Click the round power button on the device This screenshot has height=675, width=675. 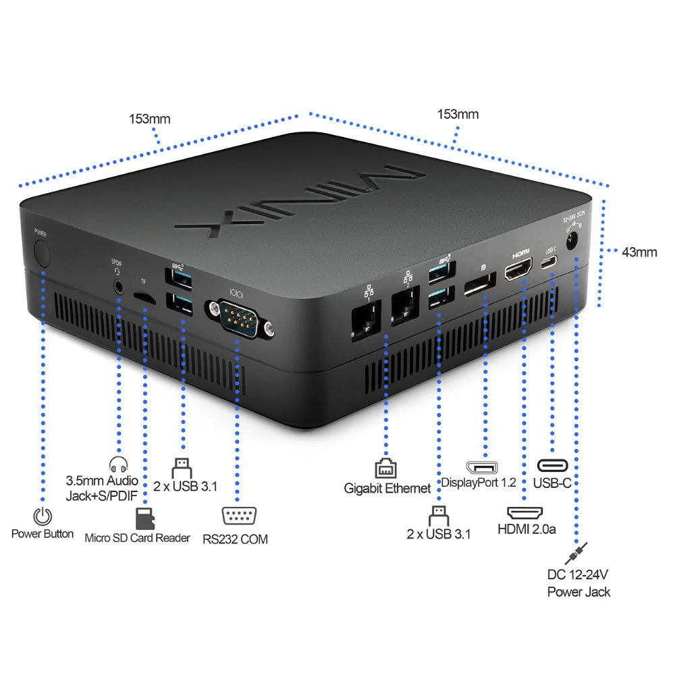(x=42, y=254)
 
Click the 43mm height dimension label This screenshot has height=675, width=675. (x=639, y=252)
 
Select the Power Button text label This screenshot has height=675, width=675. (x=43, y=534)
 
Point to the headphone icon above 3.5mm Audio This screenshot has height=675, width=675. (x=118, y=465)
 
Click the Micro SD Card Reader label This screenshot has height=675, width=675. (x=137, y=538)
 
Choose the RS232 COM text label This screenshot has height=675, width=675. (x=235, y=539)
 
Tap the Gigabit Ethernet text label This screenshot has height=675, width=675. (x=387, y=488)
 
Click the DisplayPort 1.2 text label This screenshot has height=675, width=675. (x=479, y=483)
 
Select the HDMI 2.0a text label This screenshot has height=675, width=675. (x=526, y=529)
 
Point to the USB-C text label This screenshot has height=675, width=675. (x=552, y=483)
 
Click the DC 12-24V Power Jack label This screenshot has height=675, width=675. (x=578, y=583)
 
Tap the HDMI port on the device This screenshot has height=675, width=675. (x=518, y=271)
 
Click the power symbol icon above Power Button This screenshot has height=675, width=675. (x=43, y=516)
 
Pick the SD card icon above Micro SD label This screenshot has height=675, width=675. (x=142, y=519)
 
